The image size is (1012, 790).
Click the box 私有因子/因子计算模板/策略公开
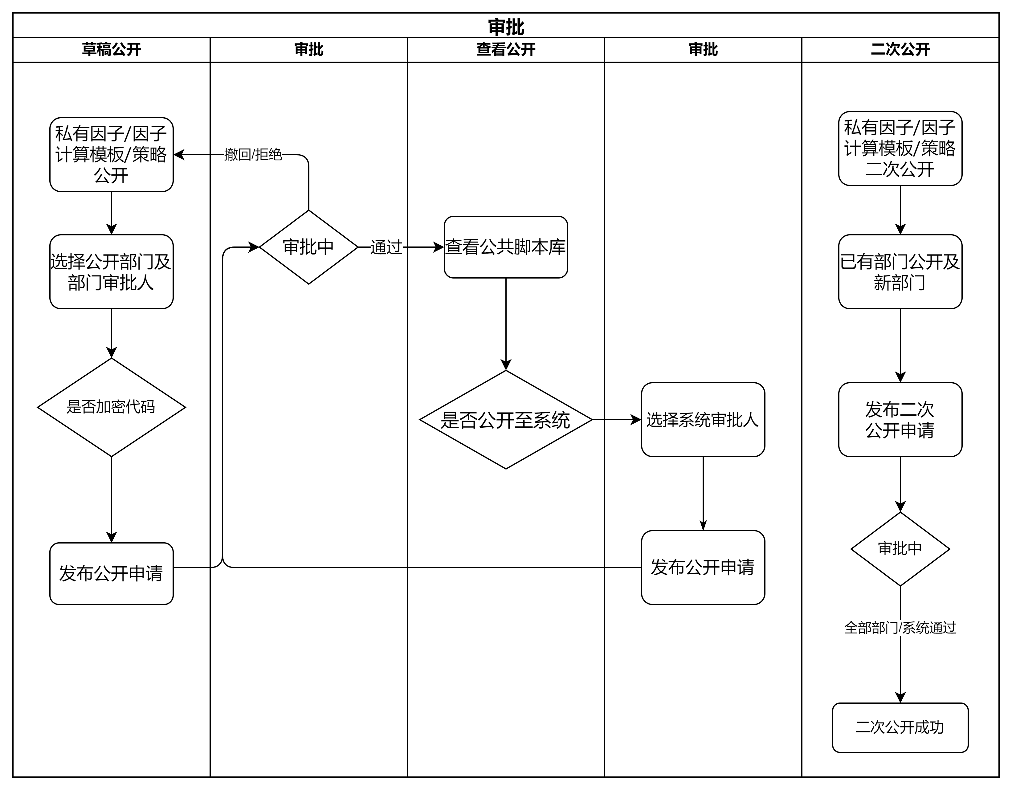[x=111, y=154]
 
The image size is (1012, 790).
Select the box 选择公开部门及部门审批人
[x=111, y=271]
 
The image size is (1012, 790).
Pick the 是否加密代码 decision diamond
[x=111, y=407]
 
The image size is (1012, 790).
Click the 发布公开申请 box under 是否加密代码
[x=111, y=573]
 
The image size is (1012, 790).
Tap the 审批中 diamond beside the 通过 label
[x=308, y=247]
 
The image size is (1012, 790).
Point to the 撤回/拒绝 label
[x=253, y=154]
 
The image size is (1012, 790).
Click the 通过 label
[x=386, y=247]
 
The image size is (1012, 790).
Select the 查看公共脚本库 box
[x=505, y=247]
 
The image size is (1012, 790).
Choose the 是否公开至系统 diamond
[x=505, y=420]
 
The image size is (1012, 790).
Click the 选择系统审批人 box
[x=703, y=420]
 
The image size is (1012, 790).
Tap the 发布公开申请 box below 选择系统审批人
[x=703, y=567]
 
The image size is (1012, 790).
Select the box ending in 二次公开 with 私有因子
[x=900, y=148]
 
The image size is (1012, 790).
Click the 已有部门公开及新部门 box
[x=900, y=271]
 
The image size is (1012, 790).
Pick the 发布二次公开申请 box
[x=900, y=420]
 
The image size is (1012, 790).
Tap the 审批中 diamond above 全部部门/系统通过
[x=900, y=549]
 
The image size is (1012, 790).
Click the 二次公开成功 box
[x=900, y=727]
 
